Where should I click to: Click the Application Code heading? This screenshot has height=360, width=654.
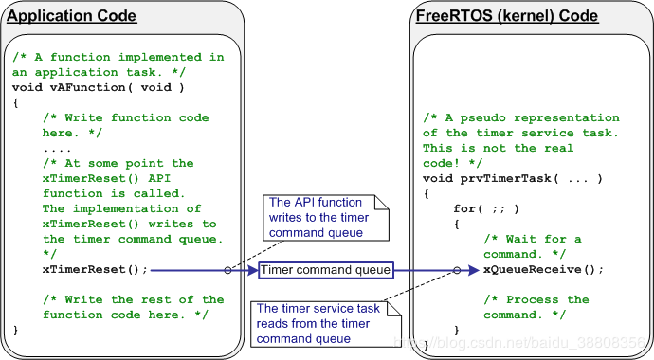tap(72, 16)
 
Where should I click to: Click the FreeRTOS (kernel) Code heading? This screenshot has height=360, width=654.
tap(507, 16)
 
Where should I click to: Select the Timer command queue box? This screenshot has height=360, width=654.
tap(325, 270)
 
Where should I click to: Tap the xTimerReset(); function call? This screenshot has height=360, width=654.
tap(95, 270)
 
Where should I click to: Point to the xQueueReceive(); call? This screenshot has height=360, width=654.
tap(543, 270)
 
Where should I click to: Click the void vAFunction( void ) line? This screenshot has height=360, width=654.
tap(98, 88)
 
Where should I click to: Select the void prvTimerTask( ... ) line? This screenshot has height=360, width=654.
tap(513, 179)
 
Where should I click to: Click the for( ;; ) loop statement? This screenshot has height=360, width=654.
tap(485, 208)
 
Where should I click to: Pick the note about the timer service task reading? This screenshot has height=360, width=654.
tap(317, 323)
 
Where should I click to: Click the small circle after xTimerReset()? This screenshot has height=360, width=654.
tap(227, 270)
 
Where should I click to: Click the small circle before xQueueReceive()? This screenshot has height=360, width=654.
tap(458, 270)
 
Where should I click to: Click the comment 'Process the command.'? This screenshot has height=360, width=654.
tap(536, 307)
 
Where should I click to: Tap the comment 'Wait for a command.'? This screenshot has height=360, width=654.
tap(532, 246)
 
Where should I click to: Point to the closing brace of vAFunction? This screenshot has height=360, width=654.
tap(16, 330)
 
